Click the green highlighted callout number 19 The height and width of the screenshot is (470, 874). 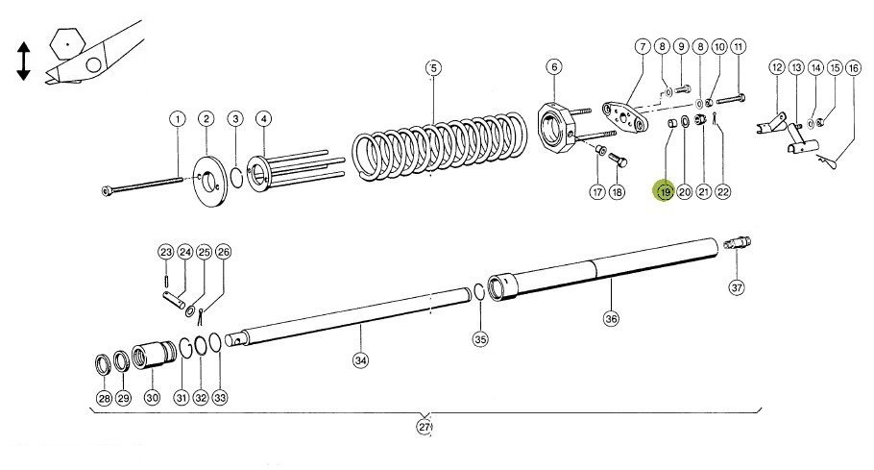pyautogui.click(x=665, y=191)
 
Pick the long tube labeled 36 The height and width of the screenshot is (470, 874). pyautogui.click(x=605, y=269)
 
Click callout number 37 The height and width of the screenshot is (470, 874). pyautogui.click(x=737, y=286)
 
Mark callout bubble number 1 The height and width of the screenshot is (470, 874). pyautogui.click(x=177, y=118)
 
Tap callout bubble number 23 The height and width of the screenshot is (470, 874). pyautogui.click(x=165, y=252)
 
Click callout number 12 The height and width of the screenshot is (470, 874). pyautogui.click(x=777, y=67)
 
